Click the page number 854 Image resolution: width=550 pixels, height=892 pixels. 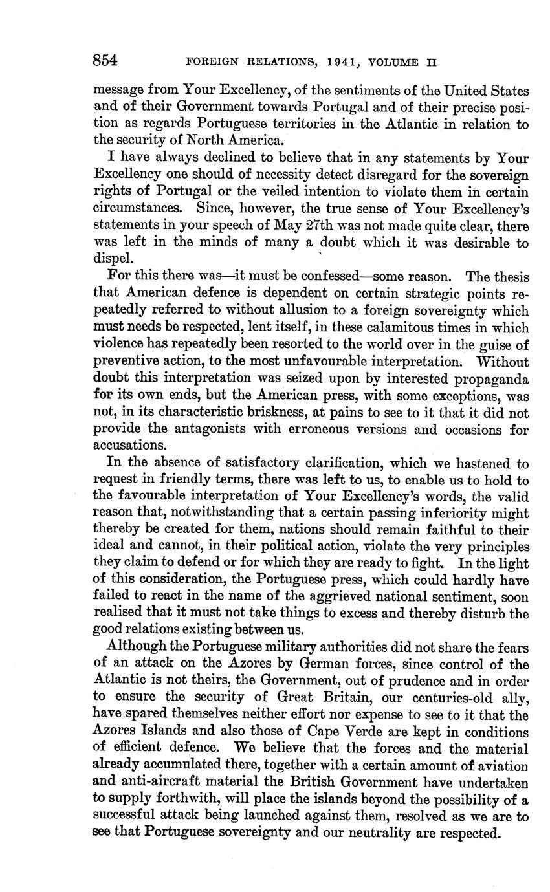(105, 61)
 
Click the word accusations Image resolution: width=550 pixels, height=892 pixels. (131, 445)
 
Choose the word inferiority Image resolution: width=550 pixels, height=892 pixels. (441, 513)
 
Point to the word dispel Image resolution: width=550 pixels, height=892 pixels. (111, 259)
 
